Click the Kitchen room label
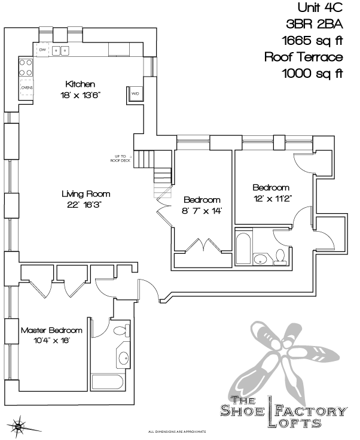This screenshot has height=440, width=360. (x=81, y=84)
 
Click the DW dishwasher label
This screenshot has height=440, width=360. (x=43, y=50)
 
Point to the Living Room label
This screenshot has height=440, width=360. (x=86, y=194)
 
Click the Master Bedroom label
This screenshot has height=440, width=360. (x=51, y=330)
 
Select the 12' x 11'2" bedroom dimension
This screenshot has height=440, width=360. (x=271, y=199)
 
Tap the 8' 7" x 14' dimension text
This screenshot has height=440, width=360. (x=203, y=210)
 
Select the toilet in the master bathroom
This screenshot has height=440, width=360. (x=120, y=330)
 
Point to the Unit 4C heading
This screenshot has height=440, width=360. (x=320, y=8)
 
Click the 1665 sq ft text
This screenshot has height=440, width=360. (x=313, y=41)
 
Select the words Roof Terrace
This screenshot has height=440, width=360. (x=304, y=57)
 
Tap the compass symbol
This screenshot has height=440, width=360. (x=20, y=426)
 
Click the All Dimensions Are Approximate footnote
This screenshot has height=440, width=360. (x=177, y=431)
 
